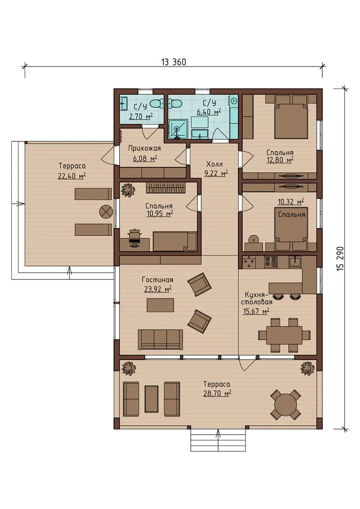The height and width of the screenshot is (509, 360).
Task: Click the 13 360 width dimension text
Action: (x=174, y=62)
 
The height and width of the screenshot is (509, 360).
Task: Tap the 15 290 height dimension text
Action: (x=341, y=259)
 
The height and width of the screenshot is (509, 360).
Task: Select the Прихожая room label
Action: (x=145, y=148)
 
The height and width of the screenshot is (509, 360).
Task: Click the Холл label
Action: (x=214, y=164)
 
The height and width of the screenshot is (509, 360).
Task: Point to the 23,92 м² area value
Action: (x=158, y=288)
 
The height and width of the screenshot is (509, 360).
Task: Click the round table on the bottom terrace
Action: (x=286, y=405)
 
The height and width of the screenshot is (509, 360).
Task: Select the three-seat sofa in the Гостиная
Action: (x=160, y=339)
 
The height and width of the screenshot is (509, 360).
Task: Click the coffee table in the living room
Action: (x=160, y=305)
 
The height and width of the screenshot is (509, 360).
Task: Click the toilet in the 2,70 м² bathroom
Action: (x=156, y=104)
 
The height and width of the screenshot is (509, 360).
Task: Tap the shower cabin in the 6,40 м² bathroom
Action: (x=178, y=130)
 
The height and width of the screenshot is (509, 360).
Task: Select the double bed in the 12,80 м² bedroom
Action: (x=291, y=116)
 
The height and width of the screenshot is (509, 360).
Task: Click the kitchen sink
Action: (x=295, y=261)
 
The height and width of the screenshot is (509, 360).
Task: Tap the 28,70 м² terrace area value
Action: (x=217, y=394)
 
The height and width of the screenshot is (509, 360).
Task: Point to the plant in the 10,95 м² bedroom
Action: (x=128, y=190)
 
